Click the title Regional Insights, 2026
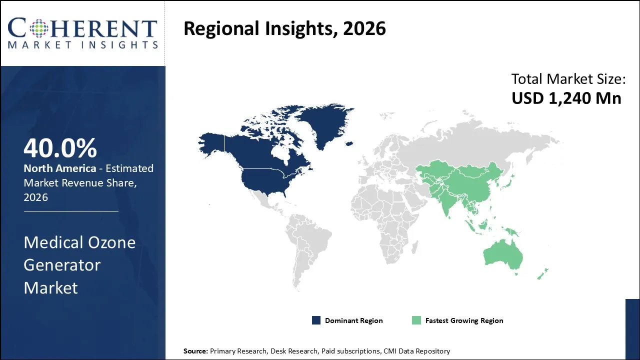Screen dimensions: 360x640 284,28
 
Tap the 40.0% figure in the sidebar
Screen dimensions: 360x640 60,148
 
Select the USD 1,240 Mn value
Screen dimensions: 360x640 566,98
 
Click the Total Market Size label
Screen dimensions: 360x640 568,79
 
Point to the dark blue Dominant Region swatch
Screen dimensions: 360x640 316,320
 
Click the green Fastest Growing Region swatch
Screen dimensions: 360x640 416,320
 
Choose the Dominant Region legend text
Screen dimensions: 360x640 353,320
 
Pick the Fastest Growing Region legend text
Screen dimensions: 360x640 464,320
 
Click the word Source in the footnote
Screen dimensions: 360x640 195,351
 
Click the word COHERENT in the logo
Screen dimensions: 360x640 82,28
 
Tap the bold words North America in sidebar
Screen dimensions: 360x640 59,168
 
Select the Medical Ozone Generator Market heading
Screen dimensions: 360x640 79,265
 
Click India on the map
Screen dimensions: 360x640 447,197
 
